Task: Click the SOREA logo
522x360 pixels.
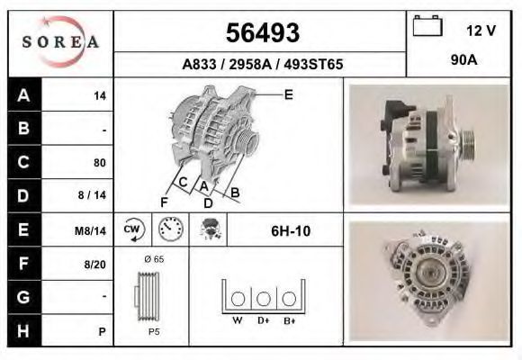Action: pos(60,41)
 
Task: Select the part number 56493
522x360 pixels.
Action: pos(263,32)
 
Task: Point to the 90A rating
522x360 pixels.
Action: pos(464,60)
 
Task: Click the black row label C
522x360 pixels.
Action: pos(24,162)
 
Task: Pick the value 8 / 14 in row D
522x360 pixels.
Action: pos(92,194)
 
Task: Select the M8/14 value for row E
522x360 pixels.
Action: pos(90,230)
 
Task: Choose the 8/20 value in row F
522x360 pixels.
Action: pos(94,265)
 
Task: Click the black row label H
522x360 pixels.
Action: pos(24,330)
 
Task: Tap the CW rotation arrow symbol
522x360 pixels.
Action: pos(133,229)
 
